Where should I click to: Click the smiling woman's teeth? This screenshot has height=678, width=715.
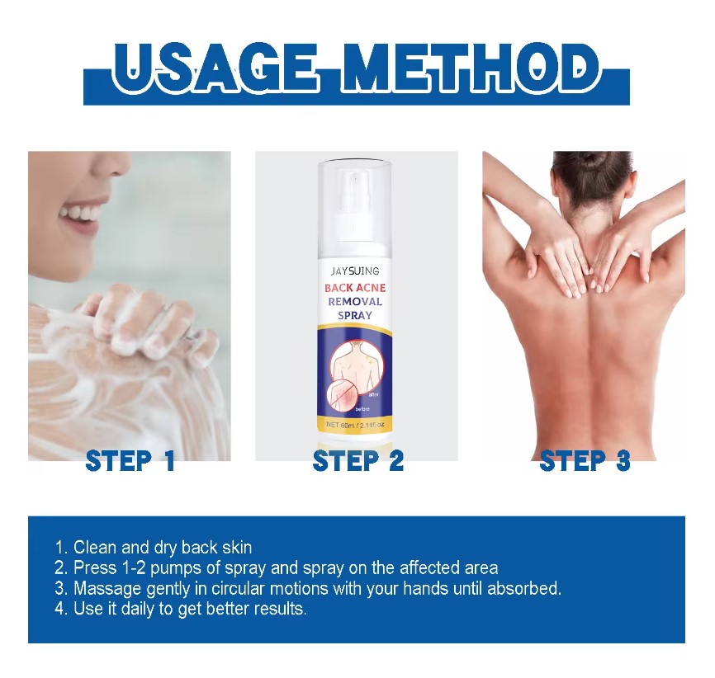coord(78,213)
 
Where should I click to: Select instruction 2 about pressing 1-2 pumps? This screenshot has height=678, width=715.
coord(277,568)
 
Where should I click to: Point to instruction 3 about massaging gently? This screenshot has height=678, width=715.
coord(308,589)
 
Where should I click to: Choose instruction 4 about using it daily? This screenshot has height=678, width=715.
coord(180,610)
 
